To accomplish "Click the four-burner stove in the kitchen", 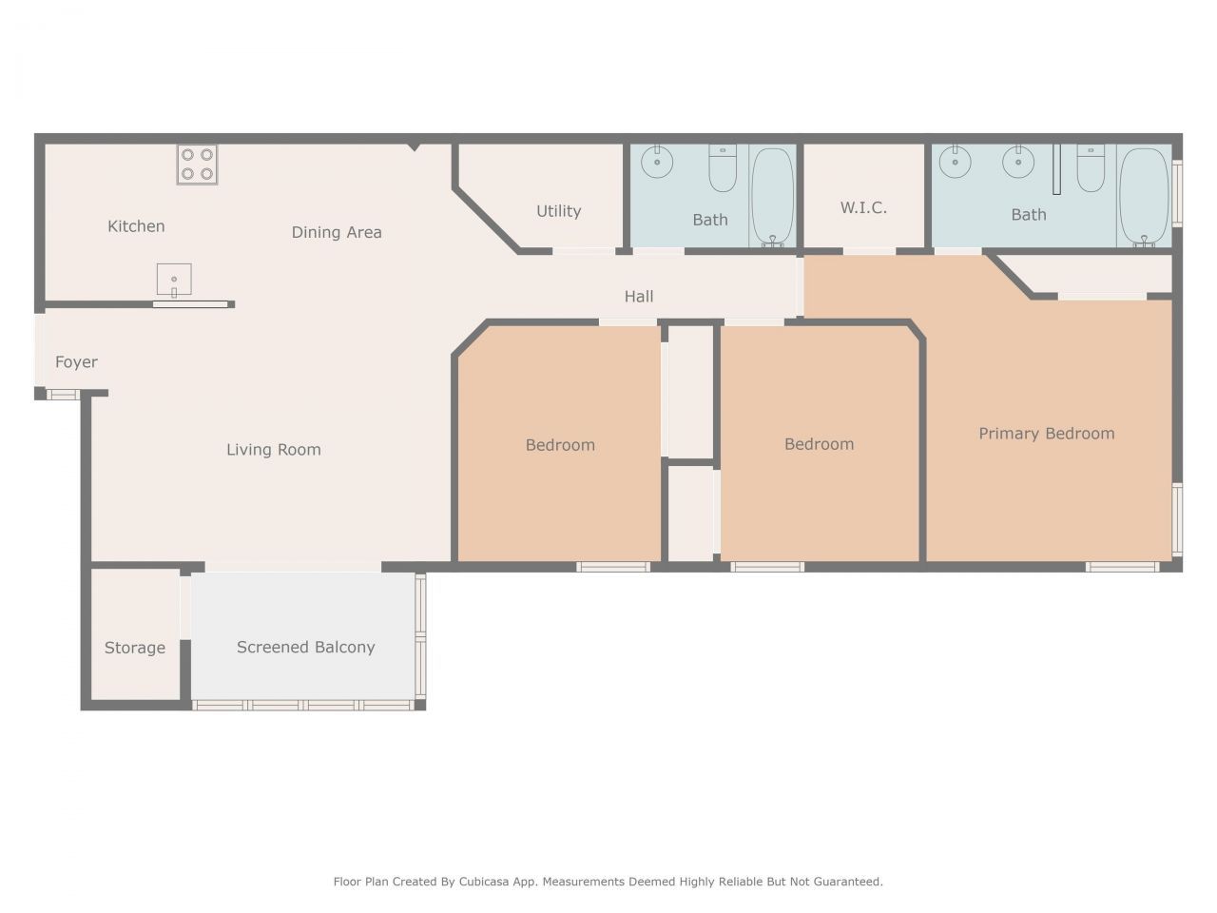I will pos(197,165).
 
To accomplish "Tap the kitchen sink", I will pos(174,281).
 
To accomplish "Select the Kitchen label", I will pos(136,226).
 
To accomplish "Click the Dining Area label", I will pos(337,232).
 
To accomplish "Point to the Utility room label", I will pos(558,211).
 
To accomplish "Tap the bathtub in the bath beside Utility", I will pos(772,197).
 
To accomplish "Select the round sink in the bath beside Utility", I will pos(657,162).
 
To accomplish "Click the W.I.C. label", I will pos(863,207).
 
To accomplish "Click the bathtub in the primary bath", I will pos(1143,197).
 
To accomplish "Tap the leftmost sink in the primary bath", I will pos(955,162).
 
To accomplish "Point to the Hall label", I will pos(639,297).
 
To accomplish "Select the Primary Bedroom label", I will pos(1046,434).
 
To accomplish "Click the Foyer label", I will pos(76,362).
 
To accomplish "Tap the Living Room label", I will pos(274,450).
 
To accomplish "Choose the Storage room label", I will pos(135,648).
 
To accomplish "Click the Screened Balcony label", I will pos(305,647).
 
